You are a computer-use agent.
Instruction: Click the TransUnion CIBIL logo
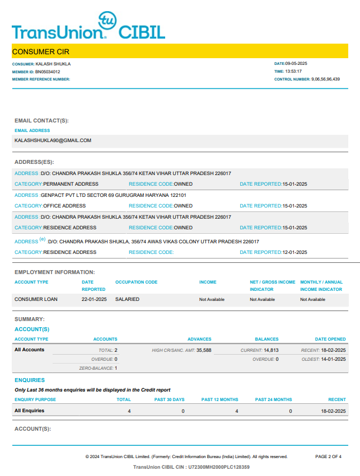(88, 26)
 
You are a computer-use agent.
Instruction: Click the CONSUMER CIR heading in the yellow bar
(40, 51)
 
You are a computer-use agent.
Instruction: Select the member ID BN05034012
(48, 72)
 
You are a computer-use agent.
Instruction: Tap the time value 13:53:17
(293, 72)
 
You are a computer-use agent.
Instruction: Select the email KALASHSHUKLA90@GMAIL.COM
(53, 140)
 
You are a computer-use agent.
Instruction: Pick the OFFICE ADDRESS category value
(64, 206)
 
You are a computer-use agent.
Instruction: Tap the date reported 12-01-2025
(294, 252)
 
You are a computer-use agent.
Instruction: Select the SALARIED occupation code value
(127, 299)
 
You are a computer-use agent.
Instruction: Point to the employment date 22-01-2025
(94, 299)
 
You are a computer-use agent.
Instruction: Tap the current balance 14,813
(271, 350)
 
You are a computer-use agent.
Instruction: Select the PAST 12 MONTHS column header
(219, 399)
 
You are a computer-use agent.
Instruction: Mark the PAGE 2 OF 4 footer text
(328, 456)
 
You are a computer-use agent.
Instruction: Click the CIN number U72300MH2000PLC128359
(219, 466)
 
